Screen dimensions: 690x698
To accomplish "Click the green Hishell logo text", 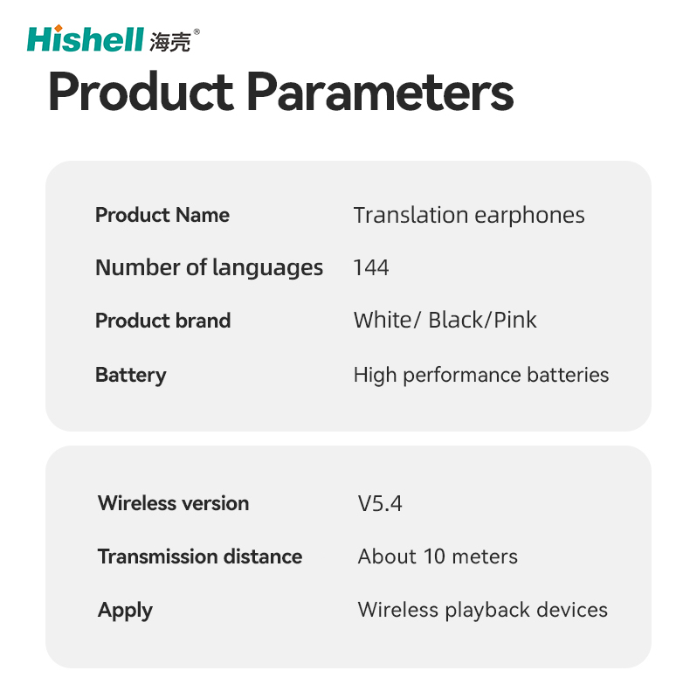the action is tap(86, 39).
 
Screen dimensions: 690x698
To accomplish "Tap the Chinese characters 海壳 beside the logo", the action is tap(170, 42).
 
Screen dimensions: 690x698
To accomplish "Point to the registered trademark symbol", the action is tap(197, 31).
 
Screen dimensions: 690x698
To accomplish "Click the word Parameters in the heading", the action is tap(380, 92).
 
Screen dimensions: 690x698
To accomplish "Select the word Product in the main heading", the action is tap(141, 91).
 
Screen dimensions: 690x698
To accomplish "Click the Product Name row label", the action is tap(162, 215).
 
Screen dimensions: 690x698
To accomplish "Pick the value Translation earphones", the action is tap(469, 216).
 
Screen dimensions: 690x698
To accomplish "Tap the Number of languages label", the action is tap(210, 268).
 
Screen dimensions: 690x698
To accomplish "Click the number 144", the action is tap(371, 267).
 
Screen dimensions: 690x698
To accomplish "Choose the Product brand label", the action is tap(163, 321).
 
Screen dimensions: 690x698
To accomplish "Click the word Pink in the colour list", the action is tap(515, 320).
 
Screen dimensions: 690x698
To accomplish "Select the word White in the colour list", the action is tap(383, 320).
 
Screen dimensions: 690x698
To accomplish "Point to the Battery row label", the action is tap(130, 376).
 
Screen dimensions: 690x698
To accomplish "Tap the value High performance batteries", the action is tap(480, 376).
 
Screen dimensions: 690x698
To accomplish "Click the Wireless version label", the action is tap(173, 503).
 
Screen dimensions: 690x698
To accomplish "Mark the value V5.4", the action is tap(380, 504).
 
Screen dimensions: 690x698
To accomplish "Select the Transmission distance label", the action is tap(200, 556).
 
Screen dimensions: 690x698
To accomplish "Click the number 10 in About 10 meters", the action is tap(434, 556).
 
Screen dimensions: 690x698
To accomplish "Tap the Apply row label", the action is tap(125, 611).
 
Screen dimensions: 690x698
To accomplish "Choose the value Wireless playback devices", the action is tap(482, 611).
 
